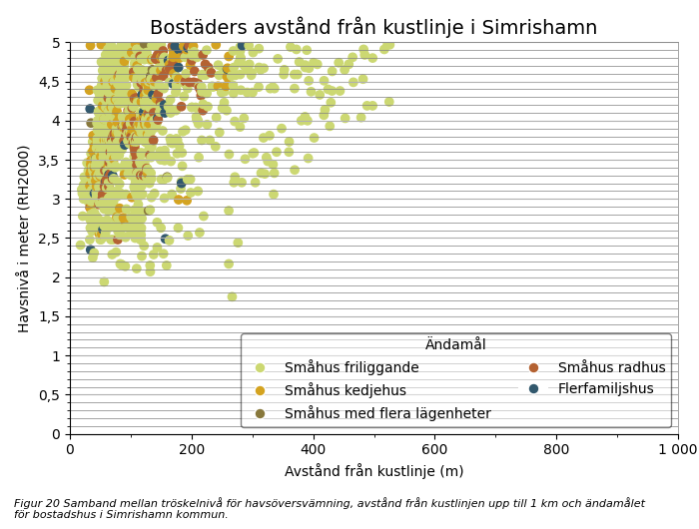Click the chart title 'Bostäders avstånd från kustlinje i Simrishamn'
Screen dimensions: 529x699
373,27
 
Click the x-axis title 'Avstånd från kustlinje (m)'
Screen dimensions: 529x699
373,471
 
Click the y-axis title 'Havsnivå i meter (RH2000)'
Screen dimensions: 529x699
23,238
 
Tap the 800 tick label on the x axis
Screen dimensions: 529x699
556,449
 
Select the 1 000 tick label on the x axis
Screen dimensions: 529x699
678,449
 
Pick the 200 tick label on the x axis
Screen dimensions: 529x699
191,449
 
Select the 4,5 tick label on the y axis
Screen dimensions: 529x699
49,82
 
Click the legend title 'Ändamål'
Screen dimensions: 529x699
455,344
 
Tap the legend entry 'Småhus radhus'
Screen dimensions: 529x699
611,367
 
